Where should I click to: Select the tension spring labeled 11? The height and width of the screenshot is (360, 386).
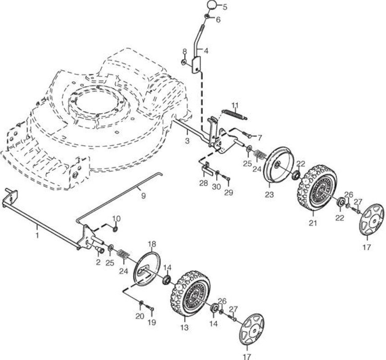coord(235,115)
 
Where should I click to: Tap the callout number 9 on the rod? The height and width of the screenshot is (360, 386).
coord(143,196)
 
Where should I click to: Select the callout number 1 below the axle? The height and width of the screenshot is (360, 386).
coord(37,235)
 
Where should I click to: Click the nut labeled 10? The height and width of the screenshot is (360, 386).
coord(115,229)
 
